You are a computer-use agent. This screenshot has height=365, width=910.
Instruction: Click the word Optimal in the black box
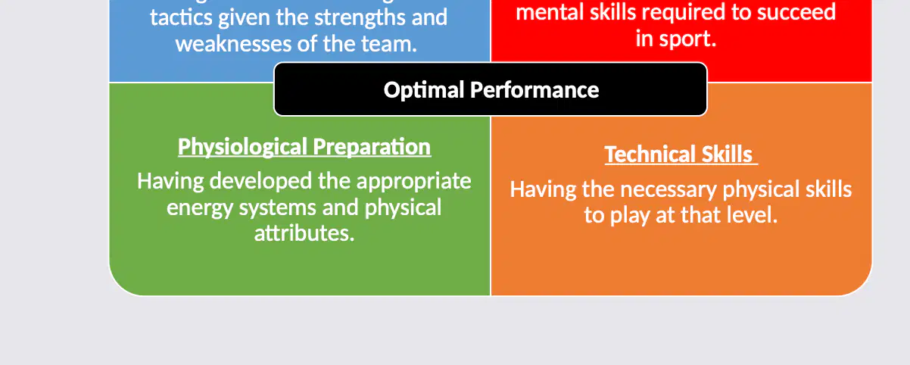424,90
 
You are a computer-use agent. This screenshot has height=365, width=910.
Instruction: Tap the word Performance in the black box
534,90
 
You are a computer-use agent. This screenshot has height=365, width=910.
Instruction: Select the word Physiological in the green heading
242,147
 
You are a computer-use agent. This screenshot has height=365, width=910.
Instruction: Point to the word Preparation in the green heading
372,147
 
